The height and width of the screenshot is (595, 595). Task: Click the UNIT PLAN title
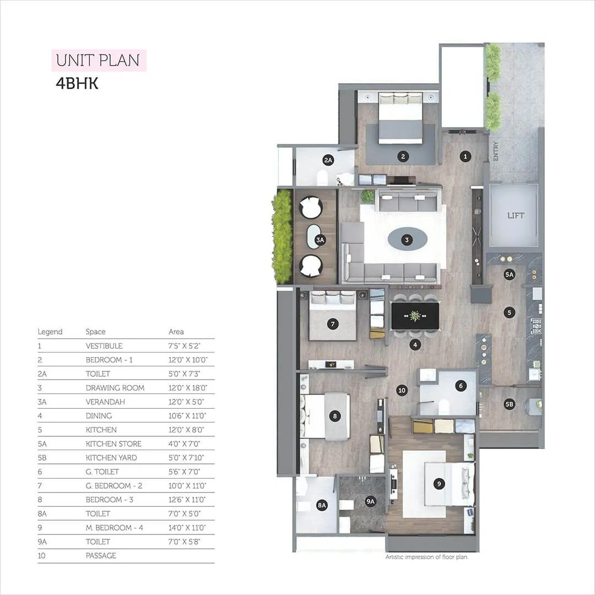coord(99,60)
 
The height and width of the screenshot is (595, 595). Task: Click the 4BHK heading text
coord(77,84)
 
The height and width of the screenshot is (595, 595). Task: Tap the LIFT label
coord(516,215)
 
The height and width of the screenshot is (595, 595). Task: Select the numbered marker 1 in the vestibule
coord(465,156)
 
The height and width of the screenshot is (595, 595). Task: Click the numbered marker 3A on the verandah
coord(320,240)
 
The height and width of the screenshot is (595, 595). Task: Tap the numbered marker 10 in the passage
coord(402,391)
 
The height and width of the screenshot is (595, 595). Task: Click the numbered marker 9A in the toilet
coord(370,501)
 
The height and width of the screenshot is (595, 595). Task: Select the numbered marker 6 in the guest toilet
coord(461,386)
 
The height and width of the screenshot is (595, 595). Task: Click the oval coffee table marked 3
coord(407,239)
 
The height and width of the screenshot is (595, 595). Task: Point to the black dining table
coord(415,316)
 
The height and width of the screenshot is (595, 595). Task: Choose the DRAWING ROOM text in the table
coord(115,388)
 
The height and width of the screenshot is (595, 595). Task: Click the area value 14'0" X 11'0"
coord(187,528)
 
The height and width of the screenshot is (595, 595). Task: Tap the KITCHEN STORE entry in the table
coord(113,444)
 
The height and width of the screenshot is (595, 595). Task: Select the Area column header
coord(176,332)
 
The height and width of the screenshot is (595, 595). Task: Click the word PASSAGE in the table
coord(101,556)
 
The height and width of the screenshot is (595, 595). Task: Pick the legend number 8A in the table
coord(43,513)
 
